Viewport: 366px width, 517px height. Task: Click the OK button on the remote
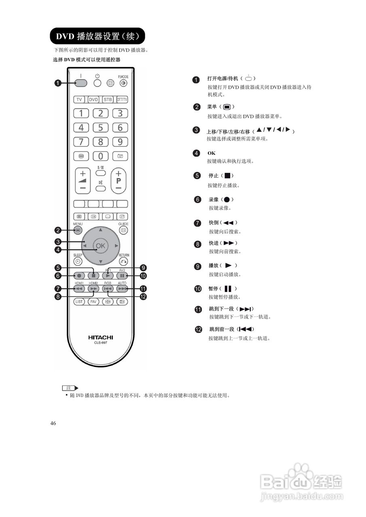coord(100,246)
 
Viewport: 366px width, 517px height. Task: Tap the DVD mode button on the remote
coord(93,99)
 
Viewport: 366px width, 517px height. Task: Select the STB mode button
coord(108,99)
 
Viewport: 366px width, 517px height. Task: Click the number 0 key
coord(101,156)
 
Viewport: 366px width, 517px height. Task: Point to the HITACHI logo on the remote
coord(101,337)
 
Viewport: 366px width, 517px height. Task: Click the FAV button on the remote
coord(93,301)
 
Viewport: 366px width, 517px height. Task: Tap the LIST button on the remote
coord(79,301)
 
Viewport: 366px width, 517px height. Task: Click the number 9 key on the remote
coord(120,142)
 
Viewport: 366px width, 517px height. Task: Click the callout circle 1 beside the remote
coord(58,83)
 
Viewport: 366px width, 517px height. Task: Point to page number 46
coord(53,423)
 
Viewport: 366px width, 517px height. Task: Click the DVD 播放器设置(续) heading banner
coord(97,36)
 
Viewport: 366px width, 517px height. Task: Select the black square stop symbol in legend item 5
coord(227,176)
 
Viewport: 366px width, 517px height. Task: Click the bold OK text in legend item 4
coord(212,153)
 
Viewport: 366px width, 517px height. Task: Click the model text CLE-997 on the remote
coord(101,343)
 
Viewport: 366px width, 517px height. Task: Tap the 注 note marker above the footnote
coord(69,388)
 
